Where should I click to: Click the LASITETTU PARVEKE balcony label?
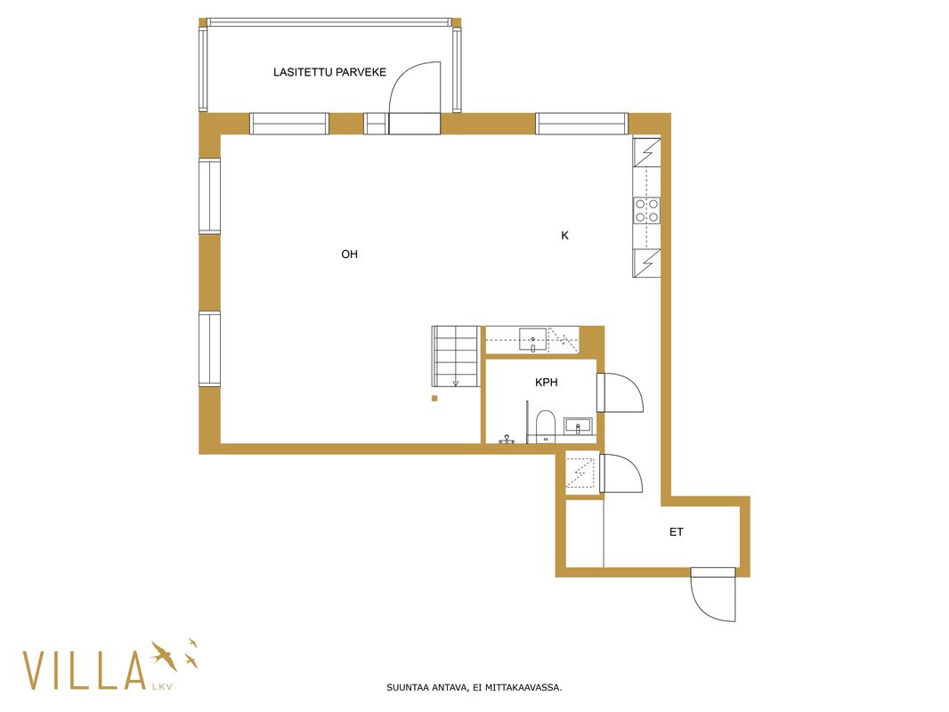[329, 72]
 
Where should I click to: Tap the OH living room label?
[349, 254]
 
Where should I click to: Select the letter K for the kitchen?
[564, 236]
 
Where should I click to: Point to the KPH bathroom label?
[546, 383]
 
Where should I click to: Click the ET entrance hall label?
[676, 531]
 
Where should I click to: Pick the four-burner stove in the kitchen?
[646, 211]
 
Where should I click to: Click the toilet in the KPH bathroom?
[546, 425]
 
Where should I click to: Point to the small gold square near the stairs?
[434, 398]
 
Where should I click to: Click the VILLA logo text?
[85, 669]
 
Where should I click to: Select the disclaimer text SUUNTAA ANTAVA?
[426, 687]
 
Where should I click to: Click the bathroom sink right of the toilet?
[578, 426]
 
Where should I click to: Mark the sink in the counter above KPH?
[532, 340]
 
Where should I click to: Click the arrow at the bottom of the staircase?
[456, 384]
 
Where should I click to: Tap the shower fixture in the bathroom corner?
[507, 439]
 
